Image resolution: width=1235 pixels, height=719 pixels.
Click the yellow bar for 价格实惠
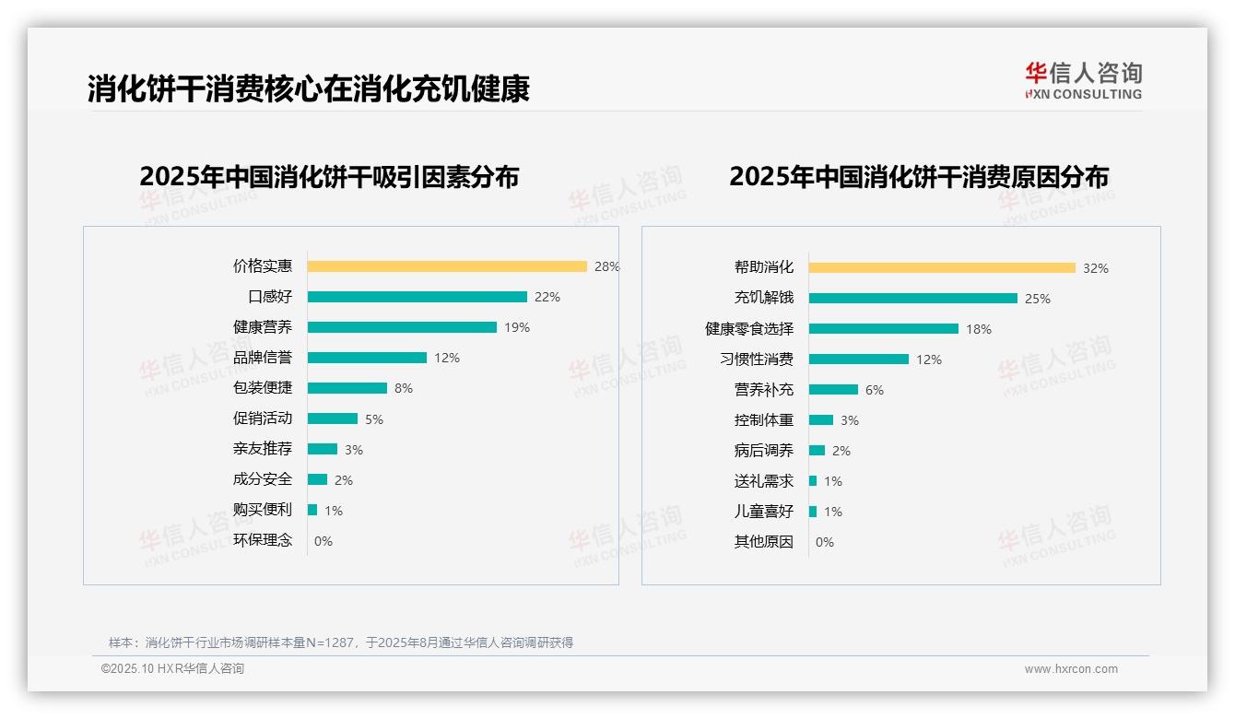(x=447, y=266)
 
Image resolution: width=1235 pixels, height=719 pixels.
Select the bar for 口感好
(x=418, y=297)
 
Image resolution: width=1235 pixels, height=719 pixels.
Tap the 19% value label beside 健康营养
(x=516, y=327)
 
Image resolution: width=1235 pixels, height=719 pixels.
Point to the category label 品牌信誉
(x=263, y=358)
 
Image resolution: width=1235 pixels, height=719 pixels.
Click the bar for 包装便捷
(x=347, y=388)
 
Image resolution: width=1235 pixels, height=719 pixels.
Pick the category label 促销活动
(x=263, y=418)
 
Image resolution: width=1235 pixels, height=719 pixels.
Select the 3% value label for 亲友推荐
(x=354, y=450)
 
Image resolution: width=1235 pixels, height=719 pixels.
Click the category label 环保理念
(x=263, y=540)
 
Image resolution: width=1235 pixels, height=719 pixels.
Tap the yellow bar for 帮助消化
(x=942, y=268)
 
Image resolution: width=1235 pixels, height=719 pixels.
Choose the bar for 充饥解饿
(x=913, y=299)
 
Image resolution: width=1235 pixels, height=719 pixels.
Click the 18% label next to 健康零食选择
(x=979, y=329)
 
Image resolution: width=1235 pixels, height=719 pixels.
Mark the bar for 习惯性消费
(x=859, y=359)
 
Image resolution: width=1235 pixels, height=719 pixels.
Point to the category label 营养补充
(x=764, y=390)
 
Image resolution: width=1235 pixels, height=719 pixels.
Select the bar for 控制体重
(x=821, y=420)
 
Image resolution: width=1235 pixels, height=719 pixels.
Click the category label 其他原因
(x=764, y=542)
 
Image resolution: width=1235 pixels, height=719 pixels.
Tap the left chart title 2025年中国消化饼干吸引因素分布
(x=329, y=176)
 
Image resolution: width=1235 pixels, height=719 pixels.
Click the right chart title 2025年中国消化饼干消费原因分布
(x=919, y=176)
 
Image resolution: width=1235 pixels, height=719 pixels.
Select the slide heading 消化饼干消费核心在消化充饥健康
(x=309, y=88)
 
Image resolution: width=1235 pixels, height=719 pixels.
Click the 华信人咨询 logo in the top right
(x=1083, y=80)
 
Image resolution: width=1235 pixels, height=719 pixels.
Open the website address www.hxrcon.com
(x=1071, y=669)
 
